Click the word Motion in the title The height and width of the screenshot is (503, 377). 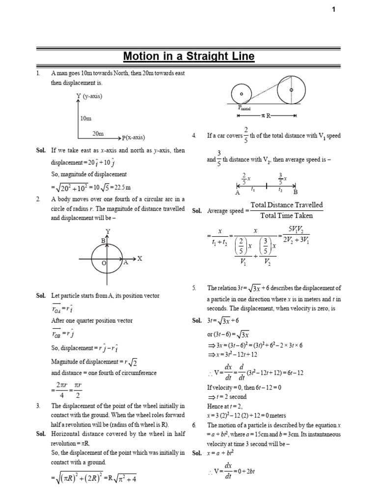tap(140, 56)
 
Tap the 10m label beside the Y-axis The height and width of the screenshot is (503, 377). tap(85, 118)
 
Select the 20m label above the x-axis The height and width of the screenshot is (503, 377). tap(98, 133)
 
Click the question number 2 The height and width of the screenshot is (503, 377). tap(38, 199)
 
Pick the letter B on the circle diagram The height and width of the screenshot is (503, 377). tap(103, 241)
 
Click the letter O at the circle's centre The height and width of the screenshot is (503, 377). tap(104, 263)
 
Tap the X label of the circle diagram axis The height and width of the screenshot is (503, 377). tap(139, 258)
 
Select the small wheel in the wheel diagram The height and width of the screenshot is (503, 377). tap(242, 94)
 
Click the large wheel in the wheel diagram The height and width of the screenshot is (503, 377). tap(292, 90)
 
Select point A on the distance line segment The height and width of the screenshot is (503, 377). tap(237, 193)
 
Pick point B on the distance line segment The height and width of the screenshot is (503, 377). tap(296, 193)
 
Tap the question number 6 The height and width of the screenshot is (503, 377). tap(194, 425)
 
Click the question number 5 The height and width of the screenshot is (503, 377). tap(194, 288)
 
